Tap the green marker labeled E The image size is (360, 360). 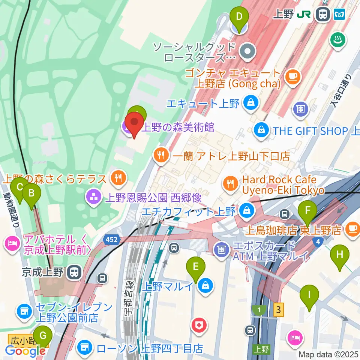[195, 267]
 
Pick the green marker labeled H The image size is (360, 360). [339, 255]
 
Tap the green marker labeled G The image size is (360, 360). [43, 335]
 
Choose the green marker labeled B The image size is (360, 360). [31, 193]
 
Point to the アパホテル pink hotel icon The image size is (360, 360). [12, 244]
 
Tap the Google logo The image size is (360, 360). [25, 351]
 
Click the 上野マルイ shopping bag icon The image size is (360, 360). [206, 286]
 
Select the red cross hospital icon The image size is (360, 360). [199, 325]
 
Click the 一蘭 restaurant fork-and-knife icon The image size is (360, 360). [161, 156]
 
